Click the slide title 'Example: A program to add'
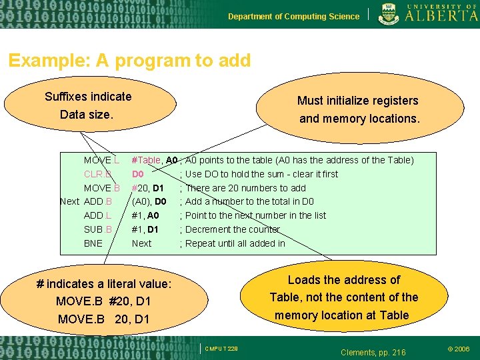coord(129,61)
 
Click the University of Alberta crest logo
coord(389,14)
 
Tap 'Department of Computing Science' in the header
coord(293,17)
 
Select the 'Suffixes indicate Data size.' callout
coord(89,105)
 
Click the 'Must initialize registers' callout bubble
coord(358,109)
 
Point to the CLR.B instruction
coord(98,174)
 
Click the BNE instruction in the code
coord(93,243)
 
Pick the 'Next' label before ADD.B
coord(69,201)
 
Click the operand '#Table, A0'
coord(155,160)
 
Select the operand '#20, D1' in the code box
coord(148,188)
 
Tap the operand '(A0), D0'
coord(149,201)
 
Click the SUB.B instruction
coord(97,229)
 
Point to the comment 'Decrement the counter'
coord(233,229)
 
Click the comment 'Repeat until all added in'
coord(235,243)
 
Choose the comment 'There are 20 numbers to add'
coord(245,188)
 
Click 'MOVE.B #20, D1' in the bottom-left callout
coord(103,301)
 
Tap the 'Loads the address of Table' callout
coord(343,297)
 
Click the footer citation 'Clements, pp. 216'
coord(373,352)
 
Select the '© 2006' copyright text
coord(458,349)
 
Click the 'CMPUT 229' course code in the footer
coord(221,349)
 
